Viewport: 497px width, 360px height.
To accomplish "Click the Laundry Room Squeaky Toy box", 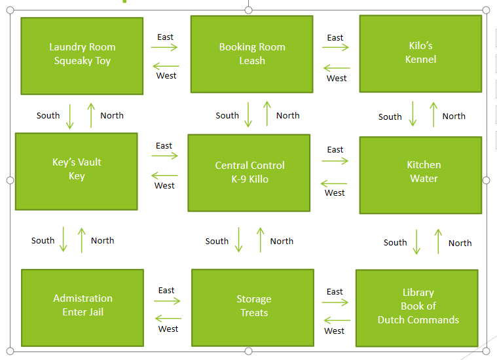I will coord(82,56).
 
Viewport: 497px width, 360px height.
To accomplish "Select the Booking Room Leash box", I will coord(251,54).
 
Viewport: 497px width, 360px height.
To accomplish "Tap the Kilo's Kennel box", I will coord(420,53).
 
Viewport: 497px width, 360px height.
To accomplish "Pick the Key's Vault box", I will coord(77,171).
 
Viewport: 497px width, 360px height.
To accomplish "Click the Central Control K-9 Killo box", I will coord(249,173).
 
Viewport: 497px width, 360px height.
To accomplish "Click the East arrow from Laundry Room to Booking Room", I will coord(165,48).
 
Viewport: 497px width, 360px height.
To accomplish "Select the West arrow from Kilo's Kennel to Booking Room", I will coord(337,67).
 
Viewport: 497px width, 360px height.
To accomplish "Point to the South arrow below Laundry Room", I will coord(71,115).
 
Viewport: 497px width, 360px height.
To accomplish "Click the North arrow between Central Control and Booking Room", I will coord(267,114).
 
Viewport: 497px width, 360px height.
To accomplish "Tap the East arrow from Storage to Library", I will coord(335,302).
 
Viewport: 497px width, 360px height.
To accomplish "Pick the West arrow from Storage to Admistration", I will coord(168,319).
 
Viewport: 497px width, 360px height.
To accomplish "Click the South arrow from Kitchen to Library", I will coord(417,242).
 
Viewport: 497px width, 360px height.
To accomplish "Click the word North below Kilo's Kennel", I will coord(454,116).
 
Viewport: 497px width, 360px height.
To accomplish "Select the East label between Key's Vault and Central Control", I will coord(164,145).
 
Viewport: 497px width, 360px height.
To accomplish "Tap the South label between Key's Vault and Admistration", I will coord(43,240).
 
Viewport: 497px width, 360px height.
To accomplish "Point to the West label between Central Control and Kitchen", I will coord(335,192).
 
